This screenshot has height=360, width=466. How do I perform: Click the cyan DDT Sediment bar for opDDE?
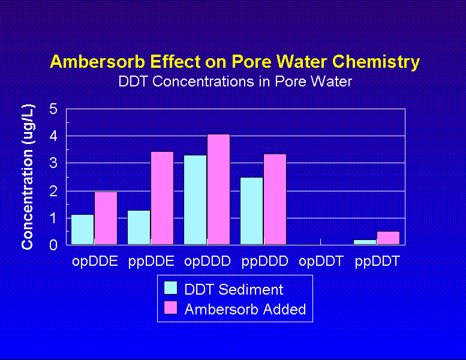(x=83, y=229)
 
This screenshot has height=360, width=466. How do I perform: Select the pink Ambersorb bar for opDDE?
(x=106, y=218)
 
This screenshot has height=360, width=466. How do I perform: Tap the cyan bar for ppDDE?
(x=139, y=227)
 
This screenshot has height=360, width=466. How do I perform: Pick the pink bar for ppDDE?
(x=162, y=198)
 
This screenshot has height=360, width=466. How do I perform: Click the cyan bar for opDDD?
(x=196, y=199)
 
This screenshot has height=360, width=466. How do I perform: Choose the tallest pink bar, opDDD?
(x=218, y=189)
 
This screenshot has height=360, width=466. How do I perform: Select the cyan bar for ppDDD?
(x=252, y=211)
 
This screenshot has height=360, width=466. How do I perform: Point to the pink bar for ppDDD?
(x=275, y=199)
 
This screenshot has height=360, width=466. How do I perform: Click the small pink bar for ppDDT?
(x=388, y=238)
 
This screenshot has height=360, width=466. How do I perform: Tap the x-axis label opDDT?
(x=321, y=262)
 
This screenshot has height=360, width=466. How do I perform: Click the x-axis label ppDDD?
(x=264, y=262)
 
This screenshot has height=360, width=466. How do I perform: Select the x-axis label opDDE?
(x=95, y=262)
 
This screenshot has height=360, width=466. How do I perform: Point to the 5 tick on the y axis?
(x=53, y=109)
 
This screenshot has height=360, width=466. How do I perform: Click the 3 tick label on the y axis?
(x=53, y=163)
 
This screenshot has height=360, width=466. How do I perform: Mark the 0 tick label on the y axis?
(x=53, y=245)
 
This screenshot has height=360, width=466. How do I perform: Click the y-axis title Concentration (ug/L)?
(x=28, y=177)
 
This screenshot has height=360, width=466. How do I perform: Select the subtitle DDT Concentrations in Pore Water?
(x=235, y=82)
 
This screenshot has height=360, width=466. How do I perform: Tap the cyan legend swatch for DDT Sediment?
(x=172, y=289)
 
